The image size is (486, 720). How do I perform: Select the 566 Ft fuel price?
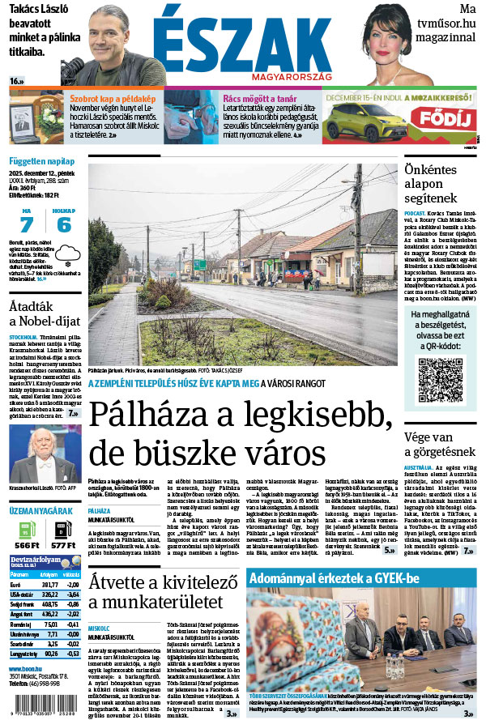(26, 546)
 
